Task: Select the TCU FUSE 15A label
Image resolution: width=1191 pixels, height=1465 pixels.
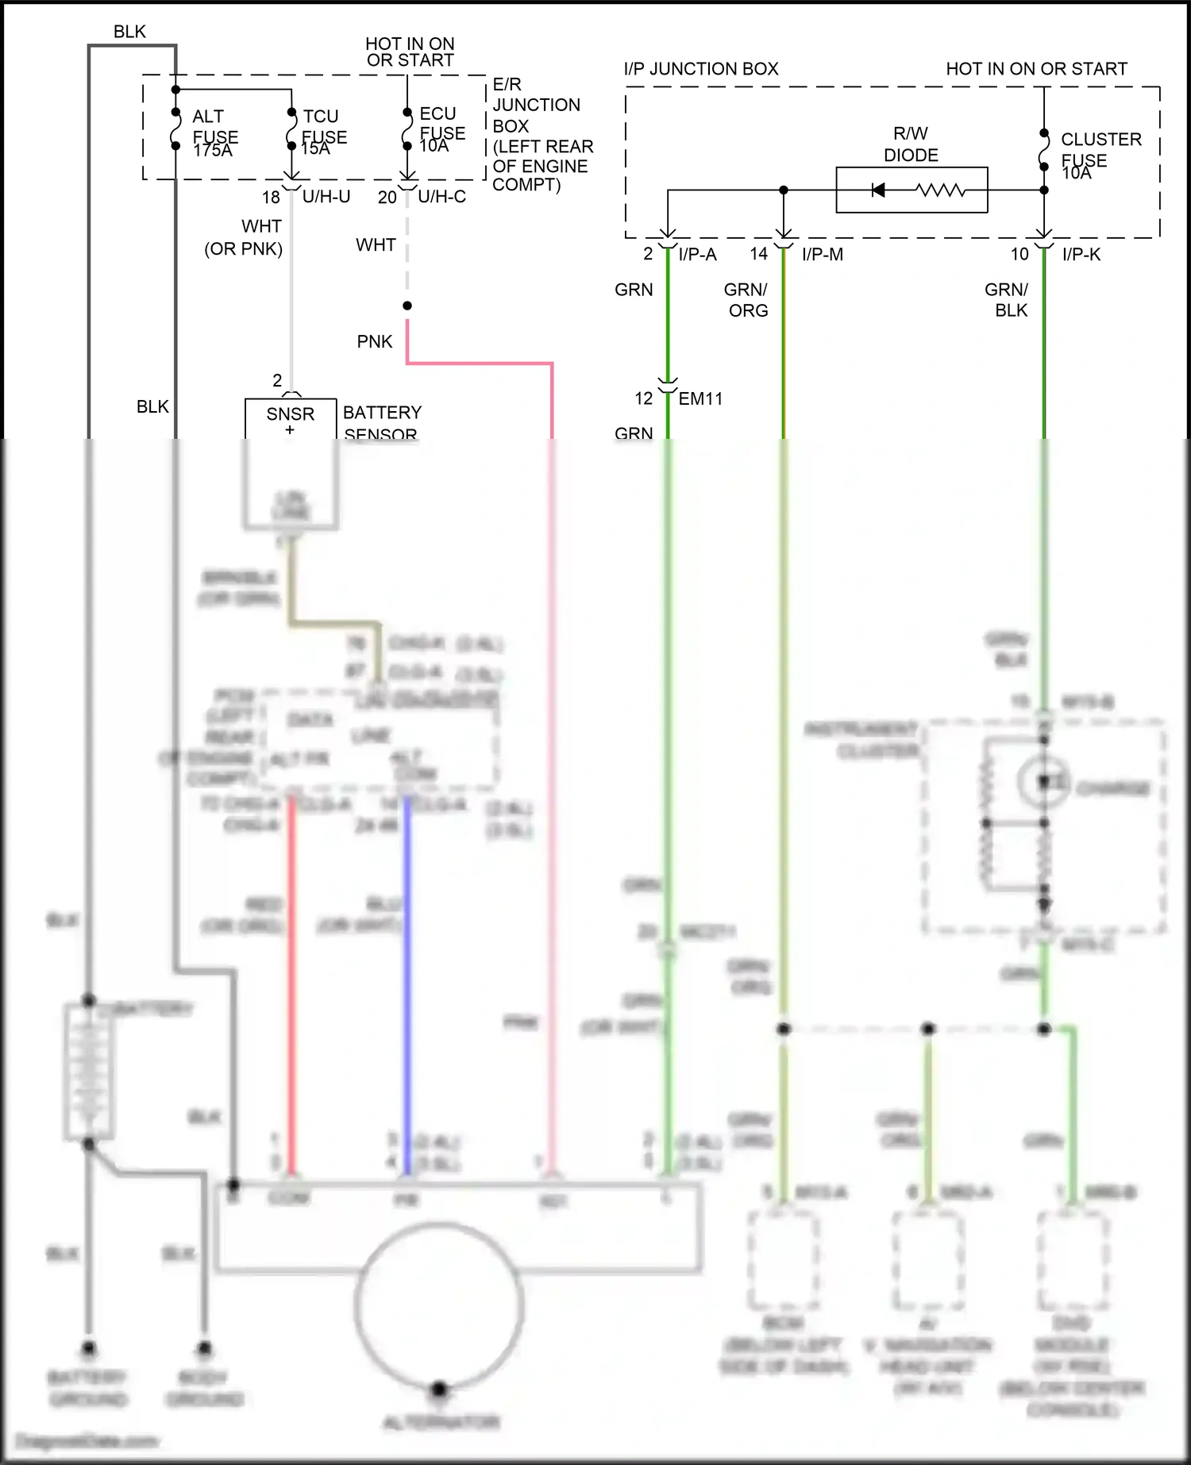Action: coord(323,132)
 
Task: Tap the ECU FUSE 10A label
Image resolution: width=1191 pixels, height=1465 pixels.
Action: coord(441,129)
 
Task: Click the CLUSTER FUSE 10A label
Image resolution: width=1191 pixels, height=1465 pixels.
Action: coord(1100,155)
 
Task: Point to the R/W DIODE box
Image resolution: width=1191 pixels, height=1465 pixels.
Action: coord(912,190)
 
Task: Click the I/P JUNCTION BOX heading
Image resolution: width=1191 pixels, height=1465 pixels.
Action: coord(700,69)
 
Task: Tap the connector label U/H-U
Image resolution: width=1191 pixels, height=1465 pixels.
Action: coord(326,197)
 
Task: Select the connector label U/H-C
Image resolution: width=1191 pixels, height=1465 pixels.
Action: coord(441,197)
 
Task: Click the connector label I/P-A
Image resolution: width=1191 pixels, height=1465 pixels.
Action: coord(697,255)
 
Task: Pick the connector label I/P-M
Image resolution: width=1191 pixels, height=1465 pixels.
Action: coord(822,255)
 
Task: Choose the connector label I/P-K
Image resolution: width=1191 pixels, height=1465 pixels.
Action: coord(1081,255)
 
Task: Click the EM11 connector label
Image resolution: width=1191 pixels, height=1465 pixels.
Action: coord(700,399)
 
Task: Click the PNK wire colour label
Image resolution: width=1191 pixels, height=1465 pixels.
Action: coord(374,342)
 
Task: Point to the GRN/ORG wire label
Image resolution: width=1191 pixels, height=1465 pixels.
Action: coord(747,300)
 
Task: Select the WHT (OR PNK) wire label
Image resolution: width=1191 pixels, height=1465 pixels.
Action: coord(245,237)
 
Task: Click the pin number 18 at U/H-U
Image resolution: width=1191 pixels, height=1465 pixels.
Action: coord(271,197)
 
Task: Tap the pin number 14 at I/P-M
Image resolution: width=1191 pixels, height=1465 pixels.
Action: coord(758,254)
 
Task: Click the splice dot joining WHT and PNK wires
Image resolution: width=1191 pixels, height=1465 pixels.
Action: coord(407,306)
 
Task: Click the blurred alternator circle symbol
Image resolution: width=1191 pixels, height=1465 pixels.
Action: coord(439,1305)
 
